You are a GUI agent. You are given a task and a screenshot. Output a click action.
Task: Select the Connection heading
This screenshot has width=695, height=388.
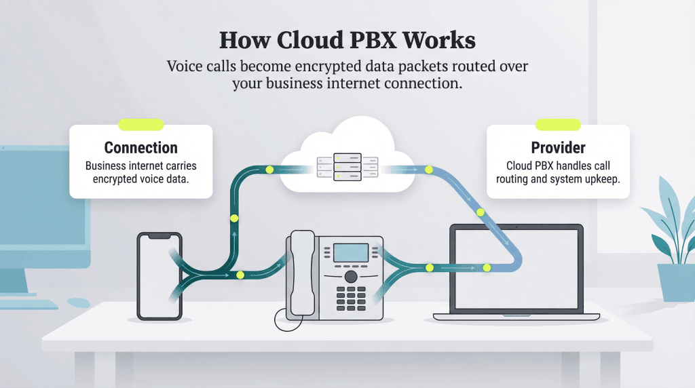[140, 148]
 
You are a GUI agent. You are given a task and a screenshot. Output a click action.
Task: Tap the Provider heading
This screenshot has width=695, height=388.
[558, 148]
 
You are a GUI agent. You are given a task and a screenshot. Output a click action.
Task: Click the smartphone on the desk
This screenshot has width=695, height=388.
[159, 275]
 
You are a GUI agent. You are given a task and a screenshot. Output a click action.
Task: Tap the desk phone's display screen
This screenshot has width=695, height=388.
[350, 252]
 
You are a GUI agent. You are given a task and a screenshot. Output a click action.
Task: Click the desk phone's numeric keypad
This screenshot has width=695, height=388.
[351, 296]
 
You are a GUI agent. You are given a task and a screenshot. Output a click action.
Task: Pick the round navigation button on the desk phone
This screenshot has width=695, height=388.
[350, 277]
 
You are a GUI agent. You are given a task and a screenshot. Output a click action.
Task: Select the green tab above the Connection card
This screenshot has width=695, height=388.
[140, 125]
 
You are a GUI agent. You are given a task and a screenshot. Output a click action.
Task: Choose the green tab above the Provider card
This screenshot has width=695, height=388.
[558, 125]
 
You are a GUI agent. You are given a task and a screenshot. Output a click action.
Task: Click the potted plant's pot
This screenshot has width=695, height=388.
[676, 282]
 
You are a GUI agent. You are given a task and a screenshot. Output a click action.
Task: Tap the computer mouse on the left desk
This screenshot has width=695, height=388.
[77, 300]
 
